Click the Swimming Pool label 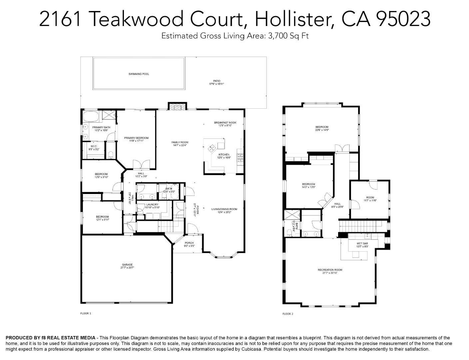tap(139, 74)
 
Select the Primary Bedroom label tap(136, 138)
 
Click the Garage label tap(127, 265)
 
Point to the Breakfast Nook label tap(225, 123)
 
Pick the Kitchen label tap(224, 155)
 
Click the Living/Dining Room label tap(224, 209)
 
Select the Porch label tap(189, 243)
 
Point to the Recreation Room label tap(330, 270)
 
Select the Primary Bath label tap(101, 127)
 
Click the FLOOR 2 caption tap(288, 314)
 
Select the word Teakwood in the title tap(137, 19)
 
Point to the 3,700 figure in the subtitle tap(278, 36)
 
